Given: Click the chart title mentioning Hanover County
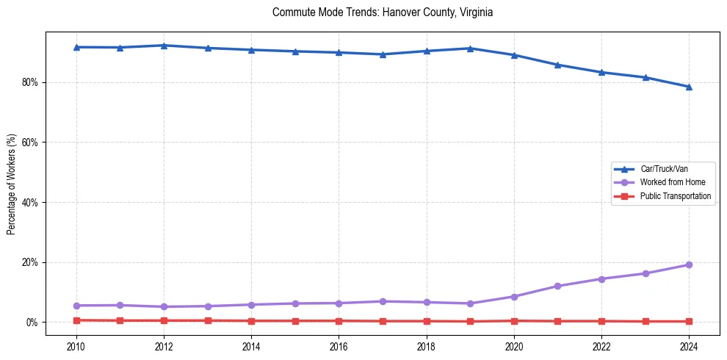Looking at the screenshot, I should tap(382, 12).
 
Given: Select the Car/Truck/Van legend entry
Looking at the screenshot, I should tap(664, 169).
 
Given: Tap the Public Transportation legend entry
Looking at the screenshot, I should tap(675, 196).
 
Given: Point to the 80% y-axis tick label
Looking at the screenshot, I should tap(30, 82).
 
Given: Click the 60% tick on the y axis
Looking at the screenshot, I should tap(30, 143).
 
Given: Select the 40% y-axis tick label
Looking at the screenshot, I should tap(30, 203).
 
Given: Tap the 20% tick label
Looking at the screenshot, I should tap(30, 262).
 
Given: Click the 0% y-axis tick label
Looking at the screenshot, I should tap(32, 323).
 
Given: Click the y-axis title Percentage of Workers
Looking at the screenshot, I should tap(11, 184).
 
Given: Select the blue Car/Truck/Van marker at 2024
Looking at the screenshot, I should tap(689, 87).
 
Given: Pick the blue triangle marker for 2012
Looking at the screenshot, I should tap(164, 46).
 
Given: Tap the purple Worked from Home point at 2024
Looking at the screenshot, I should tap(689, 264).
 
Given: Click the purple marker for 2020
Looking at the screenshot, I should tap(514, 297).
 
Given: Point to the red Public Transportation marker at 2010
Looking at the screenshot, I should tap(76, 320).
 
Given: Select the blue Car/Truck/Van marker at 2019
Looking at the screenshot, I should tap(470, 48).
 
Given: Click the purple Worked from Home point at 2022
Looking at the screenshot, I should tap(601, 279).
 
